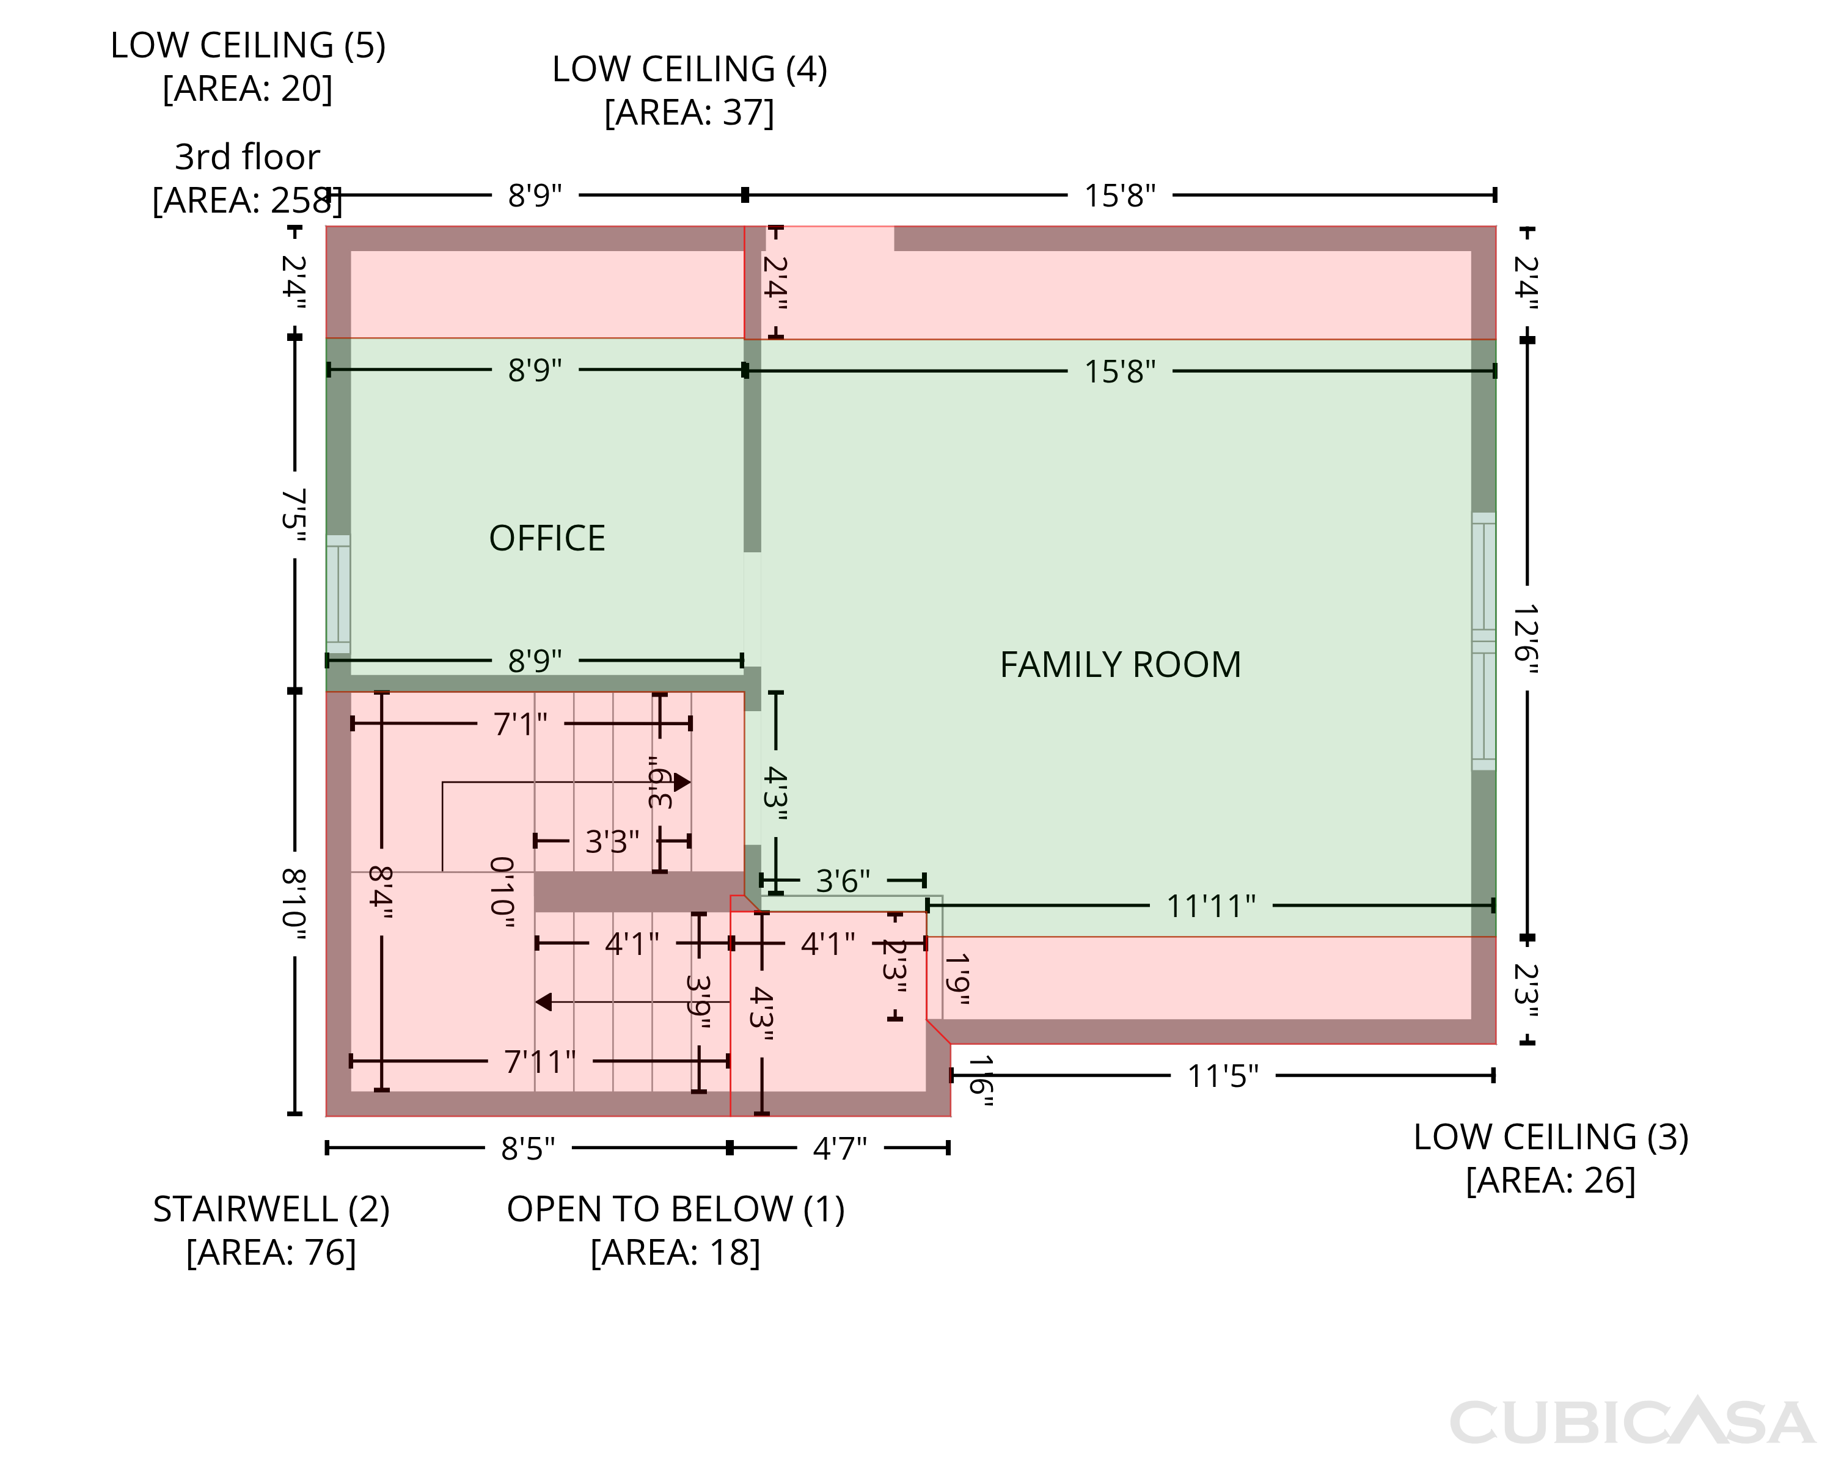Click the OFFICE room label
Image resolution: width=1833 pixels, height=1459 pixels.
click(x=547, y=538)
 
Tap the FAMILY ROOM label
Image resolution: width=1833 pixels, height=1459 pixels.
click(x=1120, y=664)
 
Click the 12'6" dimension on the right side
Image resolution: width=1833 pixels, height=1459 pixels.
click(x=1527, y=638)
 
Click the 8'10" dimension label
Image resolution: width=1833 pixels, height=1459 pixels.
click(x=294, y=903)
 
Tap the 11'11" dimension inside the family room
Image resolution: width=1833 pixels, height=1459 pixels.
click(x=1210, y=906)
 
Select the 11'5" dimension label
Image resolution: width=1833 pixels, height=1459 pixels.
click(x=1223, y=1077)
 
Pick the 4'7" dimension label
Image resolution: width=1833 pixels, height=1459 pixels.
click(x=840, y=1149)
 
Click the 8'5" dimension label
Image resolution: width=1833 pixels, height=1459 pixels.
click(x=528, y=1149)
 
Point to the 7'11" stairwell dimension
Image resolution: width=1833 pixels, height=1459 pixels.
click(x=540, y=1062)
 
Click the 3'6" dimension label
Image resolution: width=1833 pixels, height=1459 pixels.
click(x=843, y=881)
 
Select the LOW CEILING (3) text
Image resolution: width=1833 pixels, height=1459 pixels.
click(x=1551, y=1137)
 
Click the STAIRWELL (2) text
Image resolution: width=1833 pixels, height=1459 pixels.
click(x=271, y=1209)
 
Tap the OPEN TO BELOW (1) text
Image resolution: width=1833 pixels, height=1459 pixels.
click(x=676, y=1209)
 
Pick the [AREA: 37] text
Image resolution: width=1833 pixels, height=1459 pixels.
click(x=689, y=112)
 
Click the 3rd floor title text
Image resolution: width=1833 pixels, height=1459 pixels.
click(x=247, y=156)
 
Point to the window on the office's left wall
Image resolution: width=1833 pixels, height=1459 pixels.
click(x=338, y=594)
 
